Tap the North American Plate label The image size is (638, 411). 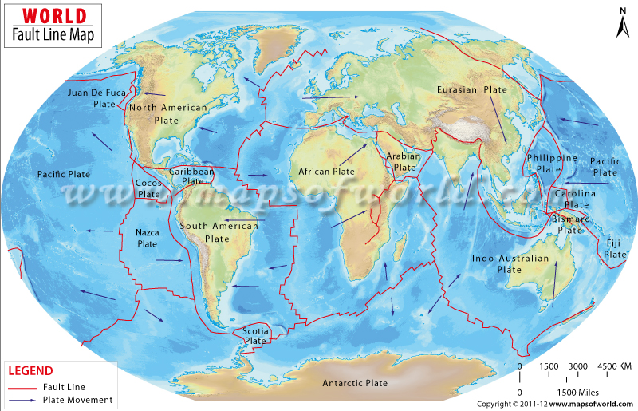coord(167,113)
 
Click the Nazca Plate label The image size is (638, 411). coord(148,238)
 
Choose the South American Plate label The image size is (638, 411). coord(219,232)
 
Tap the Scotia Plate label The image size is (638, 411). coord(255,336)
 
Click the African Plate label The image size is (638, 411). coord(326,172)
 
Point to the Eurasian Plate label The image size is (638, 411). coord(471,90)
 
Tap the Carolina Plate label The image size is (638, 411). coord(575,200)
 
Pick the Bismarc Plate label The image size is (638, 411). coord(570,224)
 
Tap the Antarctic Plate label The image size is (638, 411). coord(355,384)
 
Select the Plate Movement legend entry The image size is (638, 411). coord(77,400)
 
